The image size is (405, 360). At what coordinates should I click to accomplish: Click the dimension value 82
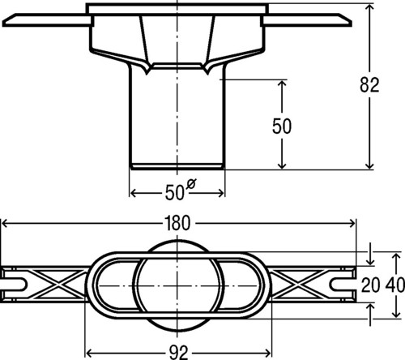click(x=369, y=85)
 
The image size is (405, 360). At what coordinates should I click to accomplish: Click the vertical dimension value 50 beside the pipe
click(x=282, y=126)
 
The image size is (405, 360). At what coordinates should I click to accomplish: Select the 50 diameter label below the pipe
click(x=174, y=193)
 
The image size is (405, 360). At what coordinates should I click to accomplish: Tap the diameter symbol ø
click(x=191, y=183)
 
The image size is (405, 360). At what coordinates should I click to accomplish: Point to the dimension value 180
click(x=177, y=224)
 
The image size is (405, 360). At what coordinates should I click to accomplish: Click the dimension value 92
click(x=178, y=353)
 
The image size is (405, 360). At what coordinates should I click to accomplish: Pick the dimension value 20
click(x=371, y=285)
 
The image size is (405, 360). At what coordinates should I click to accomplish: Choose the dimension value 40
click(x=395, y=285)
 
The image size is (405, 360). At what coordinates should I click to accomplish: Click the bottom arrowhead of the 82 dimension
click(x=369, y=165)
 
